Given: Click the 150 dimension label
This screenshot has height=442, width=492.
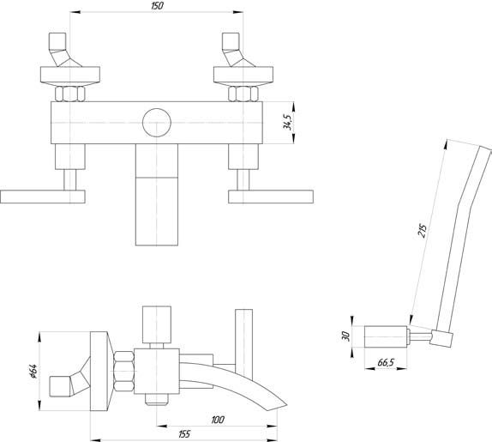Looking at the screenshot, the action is click(x=157, y=6).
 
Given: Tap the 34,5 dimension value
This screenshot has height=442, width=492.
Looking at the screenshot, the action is click(x=287, y=122).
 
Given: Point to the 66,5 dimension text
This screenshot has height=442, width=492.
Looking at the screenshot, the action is click(x=386, y=362).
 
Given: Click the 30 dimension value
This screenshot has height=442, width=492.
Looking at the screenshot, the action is click(x=345, y=336).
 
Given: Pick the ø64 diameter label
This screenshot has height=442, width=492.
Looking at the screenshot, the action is click(x=33, y=371).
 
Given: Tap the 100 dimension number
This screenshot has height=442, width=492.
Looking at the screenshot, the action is click(x=218, y=420).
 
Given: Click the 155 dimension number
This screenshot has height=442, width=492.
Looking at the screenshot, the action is click(x=184, y=433).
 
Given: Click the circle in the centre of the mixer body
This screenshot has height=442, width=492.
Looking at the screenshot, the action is click(x=157, y=123).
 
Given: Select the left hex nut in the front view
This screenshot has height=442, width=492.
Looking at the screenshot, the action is click(x=69, y=94).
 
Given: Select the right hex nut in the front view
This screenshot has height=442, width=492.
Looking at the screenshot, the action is click(x=243, y=94).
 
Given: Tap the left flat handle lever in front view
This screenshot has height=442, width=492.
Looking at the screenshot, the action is click(x=43, y=197).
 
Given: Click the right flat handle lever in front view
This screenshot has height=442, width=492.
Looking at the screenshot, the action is click(x=271, y=197).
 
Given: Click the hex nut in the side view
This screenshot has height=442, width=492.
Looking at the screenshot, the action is click(x=124, y=371).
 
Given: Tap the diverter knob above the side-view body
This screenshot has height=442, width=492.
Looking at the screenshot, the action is click(x=157, y=324).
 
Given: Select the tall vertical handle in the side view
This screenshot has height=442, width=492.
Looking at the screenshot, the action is click(x=243, y=345).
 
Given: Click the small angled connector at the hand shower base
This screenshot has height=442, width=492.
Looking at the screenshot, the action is click(x=441, y=339).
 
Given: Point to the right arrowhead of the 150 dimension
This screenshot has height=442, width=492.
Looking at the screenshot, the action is click(x=238, y=12).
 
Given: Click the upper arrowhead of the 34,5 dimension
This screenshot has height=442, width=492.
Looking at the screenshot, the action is click(x=294, y=106).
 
